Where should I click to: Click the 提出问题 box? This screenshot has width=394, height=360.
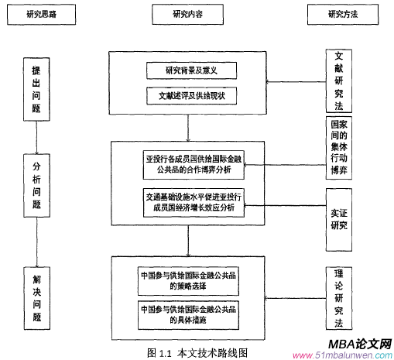(x=36, y=86)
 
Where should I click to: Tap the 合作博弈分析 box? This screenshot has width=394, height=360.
(x=193, y=164)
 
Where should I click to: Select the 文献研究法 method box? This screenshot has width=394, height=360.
(x=339, y=81)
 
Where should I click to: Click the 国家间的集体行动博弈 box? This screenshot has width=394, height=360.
(x=339, y=148)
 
